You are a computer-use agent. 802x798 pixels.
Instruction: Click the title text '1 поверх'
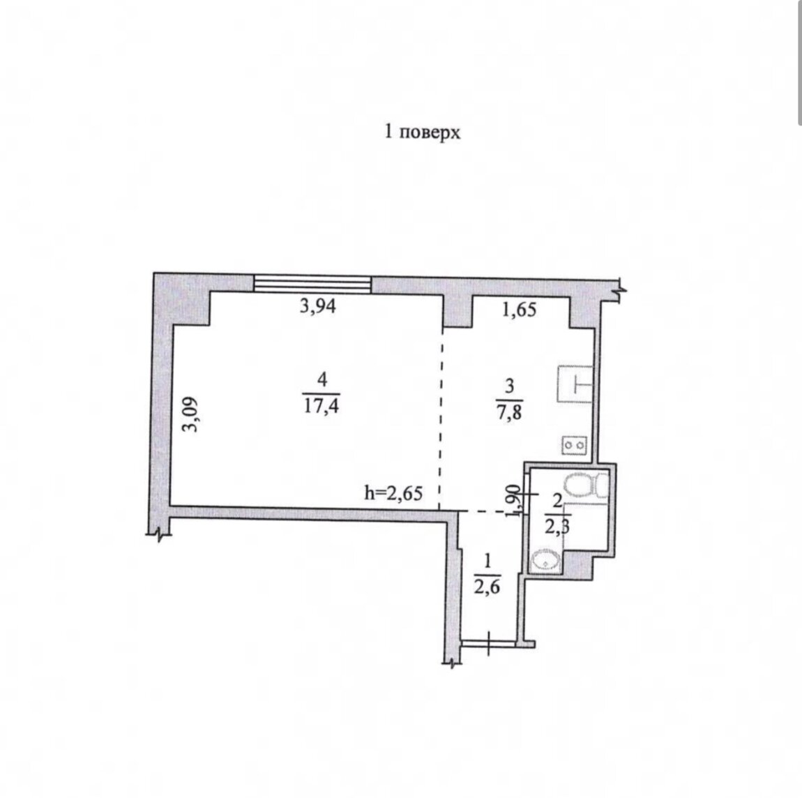click(422, 133)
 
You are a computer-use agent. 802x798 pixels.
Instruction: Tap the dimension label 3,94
click(317, 306)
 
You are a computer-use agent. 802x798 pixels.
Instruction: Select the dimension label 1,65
click(519, 310)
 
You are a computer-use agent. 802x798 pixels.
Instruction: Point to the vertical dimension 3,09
click(191, 414)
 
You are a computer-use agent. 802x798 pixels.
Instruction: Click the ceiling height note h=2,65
click(393, 492)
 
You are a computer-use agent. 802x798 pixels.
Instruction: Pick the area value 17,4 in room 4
click(321, 406)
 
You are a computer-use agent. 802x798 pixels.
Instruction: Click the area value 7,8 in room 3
click(509, 412)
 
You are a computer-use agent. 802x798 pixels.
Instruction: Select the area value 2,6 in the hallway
click(486, 587)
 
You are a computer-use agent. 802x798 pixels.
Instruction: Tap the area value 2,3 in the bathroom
click(557, 527)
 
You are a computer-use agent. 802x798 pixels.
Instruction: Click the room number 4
click(322, 379)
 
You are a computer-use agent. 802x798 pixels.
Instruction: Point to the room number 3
click(509, 386)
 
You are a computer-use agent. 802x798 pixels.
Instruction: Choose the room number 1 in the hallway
click(487, 561)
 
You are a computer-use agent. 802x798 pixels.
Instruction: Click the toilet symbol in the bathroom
click(586, 484)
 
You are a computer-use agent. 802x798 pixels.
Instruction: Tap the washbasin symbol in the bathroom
click(546, 561)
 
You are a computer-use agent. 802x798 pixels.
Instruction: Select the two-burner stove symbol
click(575, 445)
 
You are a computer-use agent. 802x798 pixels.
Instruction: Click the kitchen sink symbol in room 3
click(575, 384)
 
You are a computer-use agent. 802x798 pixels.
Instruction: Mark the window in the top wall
click(313, 285)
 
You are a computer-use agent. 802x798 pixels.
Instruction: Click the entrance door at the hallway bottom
click(488, 643)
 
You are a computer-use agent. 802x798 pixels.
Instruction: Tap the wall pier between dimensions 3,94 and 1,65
click(457, 311)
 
